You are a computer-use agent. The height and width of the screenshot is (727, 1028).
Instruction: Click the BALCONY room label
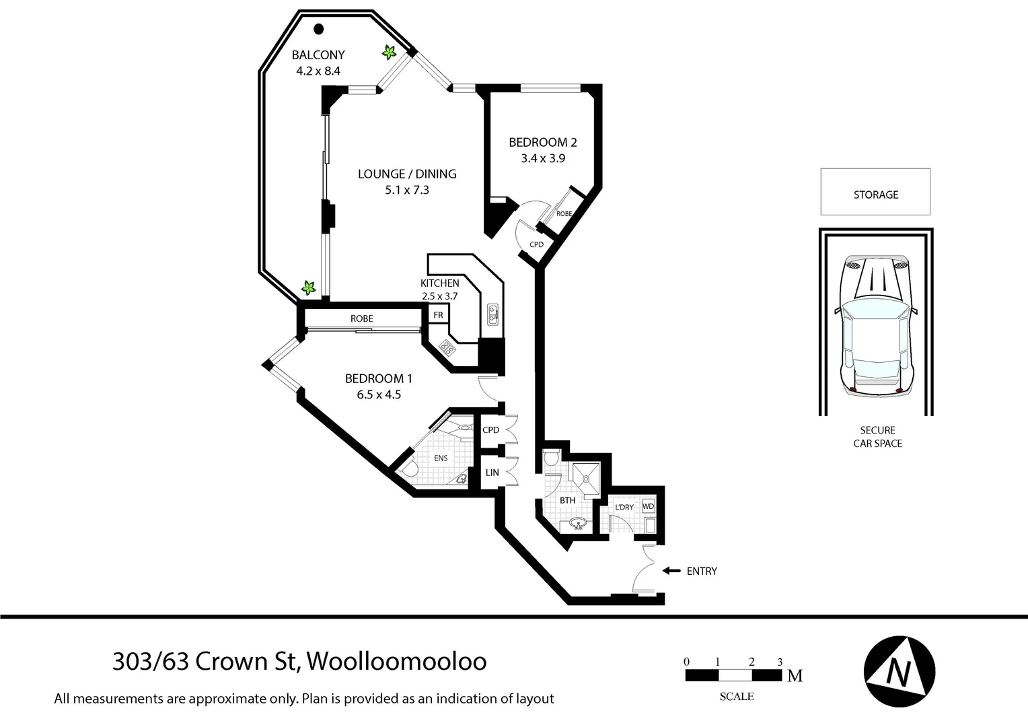click(x=318, y=55)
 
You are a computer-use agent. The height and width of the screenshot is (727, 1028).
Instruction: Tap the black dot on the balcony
click(x=319, y=29)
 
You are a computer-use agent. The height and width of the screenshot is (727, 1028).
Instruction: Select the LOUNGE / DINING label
click(x=407, y=174)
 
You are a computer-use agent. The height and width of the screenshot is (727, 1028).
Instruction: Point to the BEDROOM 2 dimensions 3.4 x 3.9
click(x=542, y=159)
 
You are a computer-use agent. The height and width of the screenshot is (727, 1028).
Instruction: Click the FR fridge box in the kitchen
click(x=438, y=315)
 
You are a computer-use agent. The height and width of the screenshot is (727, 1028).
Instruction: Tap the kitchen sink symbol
click(x=492, y=313)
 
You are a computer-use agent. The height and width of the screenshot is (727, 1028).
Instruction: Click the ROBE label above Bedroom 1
click(x=361, y=318)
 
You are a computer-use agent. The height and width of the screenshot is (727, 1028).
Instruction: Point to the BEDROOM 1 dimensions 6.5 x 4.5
click(x=379, y=395)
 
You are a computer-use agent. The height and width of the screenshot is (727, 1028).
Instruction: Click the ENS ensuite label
click(x=441, y=458)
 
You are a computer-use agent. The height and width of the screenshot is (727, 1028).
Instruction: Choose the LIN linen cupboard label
click(x=492, y=473)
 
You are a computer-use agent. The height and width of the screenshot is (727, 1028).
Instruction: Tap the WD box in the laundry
click(x=648, y=506)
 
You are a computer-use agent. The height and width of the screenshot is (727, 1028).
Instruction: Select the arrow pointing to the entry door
click(x=671, y=571)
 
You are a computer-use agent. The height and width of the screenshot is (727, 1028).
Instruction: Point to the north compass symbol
click(x=899, y=670)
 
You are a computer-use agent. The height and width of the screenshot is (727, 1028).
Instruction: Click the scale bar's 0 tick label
click(x=686, y=662)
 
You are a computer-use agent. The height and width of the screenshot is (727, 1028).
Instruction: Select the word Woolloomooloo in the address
click(x=397, y=662)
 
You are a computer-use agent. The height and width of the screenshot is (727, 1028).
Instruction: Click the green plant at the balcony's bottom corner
click(x=308, y=288)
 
